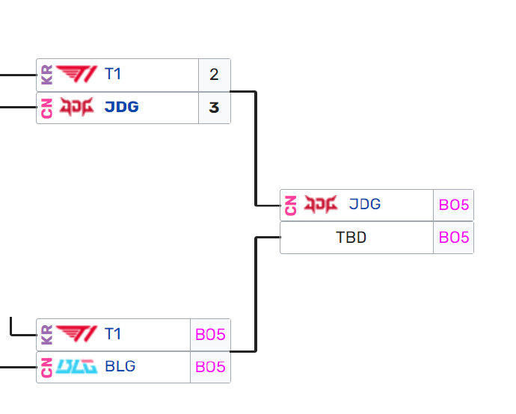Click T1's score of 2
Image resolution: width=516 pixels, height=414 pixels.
point(214,75)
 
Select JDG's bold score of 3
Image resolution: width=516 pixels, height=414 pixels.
point(214,108)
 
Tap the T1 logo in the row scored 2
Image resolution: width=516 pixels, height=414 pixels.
point(76,75)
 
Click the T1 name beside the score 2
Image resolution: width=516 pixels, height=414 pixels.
point(112,75)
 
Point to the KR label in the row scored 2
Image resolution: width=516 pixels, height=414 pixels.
point(46,75)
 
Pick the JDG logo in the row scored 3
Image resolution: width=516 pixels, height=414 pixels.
point(76,108)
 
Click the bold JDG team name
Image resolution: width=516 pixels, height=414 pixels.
point(121,108)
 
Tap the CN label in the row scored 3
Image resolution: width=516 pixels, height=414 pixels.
point(46,108)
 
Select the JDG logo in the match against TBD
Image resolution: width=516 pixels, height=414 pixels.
point(321,204)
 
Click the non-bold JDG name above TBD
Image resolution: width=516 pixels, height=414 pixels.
point(365,204)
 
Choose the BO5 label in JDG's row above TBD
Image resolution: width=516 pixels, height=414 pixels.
point(454,205)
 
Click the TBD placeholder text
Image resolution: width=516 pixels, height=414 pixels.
point(351,238)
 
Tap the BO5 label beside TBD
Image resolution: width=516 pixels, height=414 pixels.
point(454,238)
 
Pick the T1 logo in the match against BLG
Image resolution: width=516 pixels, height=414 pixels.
point(76,335)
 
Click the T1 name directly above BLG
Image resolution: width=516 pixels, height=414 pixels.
point(112,335)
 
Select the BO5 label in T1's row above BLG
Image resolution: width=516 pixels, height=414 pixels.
point(210,335)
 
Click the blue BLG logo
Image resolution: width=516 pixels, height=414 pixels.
point(76,367)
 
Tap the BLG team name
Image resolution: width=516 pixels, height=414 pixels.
point(120,367)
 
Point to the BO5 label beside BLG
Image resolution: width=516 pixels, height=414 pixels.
point(210,367)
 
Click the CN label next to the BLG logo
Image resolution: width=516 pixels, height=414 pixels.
point(46,367)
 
